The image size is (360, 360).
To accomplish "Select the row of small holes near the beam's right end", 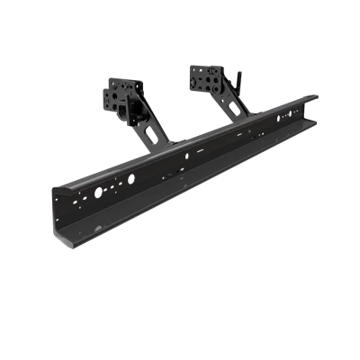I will pos(288,117).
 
